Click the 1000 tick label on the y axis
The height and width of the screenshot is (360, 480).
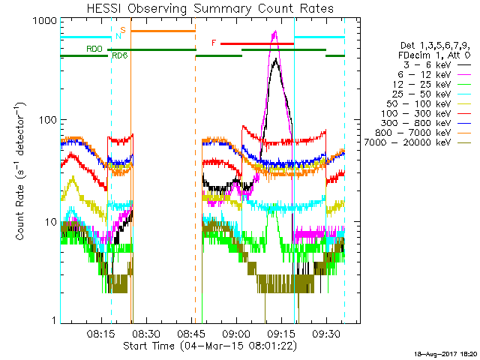point(46,22)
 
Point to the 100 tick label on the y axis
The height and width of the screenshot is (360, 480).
point(49,120)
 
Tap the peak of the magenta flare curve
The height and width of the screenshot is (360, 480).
point(275,32)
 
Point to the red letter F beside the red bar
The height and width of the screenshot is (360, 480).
point(214,43)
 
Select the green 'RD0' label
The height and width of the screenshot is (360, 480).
point(94,49)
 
